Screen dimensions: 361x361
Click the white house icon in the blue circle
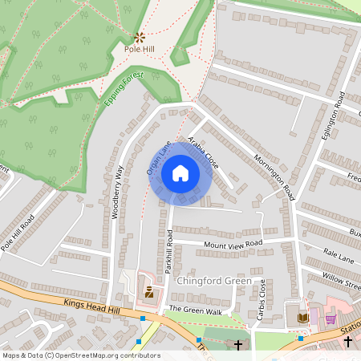click(x=180, y=173)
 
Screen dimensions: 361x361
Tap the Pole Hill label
click(x=140, y=49)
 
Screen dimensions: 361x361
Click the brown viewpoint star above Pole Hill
click(x=140, y=36)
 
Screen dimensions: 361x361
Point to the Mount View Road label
click(x=233, y=244)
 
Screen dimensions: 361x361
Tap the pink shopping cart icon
click(x=331, y=318)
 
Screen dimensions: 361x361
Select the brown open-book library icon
click(x=302, y=318)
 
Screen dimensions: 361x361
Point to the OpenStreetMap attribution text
click(x=80, y=355)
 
